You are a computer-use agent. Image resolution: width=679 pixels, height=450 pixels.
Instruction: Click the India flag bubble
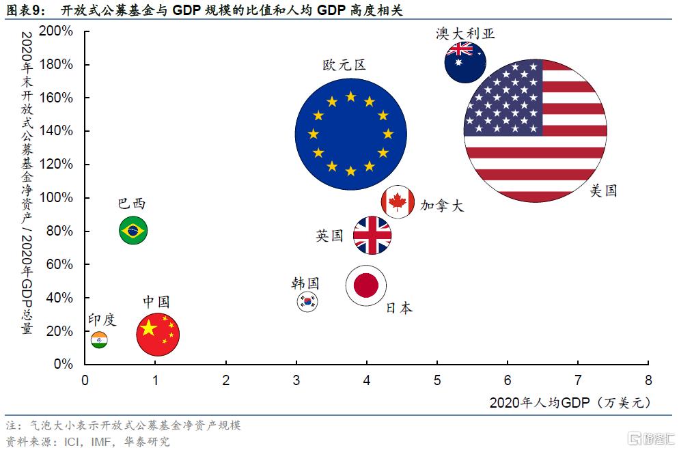click(x=99, y=339)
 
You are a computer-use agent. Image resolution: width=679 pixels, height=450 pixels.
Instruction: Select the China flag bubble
click(x=158, y=334)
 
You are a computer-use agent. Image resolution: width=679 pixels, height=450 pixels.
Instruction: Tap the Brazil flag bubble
click(x=133, y=231)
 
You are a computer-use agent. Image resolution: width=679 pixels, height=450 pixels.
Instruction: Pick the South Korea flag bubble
click(x=307, y=301)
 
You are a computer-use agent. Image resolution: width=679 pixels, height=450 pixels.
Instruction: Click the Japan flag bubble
click(x=366, y=285)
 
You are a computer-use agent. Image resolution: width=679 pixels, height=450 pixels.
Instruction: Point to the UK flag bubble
click(x=372, y=236)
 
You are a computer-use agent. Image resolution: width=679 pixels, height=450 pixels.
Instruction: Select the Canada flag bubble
click(x=398, y=201)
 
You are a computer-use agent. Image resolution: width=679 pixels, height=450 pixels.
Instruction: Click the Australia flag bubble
click(x=465, y=62)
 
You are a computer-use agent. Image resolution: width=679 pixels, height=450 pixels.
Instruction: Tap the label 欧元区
click(x=344, y=66)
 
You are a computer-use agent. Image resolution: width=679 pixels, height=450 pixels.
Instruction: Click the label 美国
click(x=603, y=191)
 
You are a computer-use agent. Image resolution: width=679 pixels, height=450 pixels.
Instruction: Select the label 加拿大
click(x=441, y=206)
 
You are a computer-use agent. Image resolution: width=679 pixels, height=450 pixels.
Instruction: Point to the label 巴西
click(x=132, y=203)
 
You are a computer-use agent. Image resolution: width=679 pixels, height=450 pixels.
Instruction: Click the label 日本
click(x=399, y=308)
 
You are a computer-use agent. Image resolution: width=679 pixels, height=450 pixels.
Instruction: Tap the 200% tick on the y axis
click(x=57, y=31)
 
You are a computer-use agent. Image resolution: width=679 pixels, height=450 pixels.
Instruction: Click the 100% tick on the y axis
click(x=57, y=198)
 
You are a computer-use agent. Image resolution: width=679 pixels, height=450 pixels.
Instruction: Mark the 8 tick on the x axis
click(x=648, y=380)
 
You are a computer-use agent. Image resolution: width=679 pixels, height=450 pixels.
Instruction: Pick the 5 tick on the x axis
click(x=436, y=380)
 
